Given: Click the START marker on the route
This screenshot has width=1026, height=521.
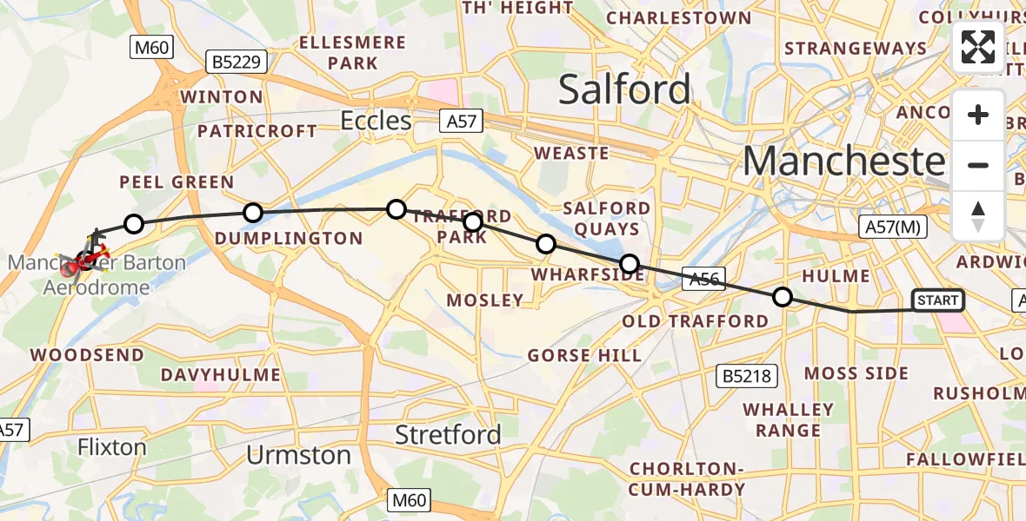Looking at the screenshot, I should (x=937, y=300).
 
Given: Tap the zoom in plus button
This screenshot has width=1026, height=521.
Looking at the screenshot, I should (x=978, y=115).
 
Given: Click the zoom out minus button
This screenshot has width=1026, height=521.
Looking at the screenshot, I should (x=978, y=165).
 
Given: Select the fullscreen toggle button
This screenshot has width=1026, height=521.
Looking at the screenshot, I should (x=978, y=47).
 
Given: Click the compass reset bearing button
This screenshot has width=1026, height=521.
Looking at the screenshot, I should (x=978, y=214).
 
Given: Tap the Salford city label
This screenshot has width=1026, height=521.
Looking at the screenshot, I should (x=624, y=89).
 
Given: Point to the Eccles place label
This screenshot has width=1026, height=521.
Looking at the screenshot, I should (x=376, y=120).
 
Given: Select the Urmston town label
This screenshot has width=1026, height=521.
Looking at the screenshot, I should (x=298, y=455).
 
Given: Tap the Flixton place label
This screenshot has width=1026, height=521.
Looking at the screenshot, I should (x=111, y=447).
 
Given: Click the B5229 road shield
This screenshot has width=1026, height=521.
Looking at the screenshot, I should (x=236, y=62).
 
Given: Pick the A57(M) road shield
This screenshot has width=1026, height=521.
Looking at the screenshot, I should (x=893, y=228).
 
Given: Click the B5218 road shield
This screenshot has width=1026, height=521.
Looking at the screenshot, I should (x=746, y=376).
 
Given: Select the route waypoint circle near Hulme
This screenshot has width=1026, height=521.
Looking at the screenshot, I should (x=783, y=298).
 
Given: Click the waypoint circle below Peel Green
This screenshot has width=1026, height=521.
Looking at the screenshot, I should (x=133, y=224).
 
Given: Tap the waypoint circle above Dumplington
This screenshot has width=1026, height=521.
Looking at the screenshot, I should (x=252, y=212).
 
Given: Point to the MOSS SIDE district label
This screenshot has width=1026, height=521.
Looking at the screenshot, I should (x=856, y=373).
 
